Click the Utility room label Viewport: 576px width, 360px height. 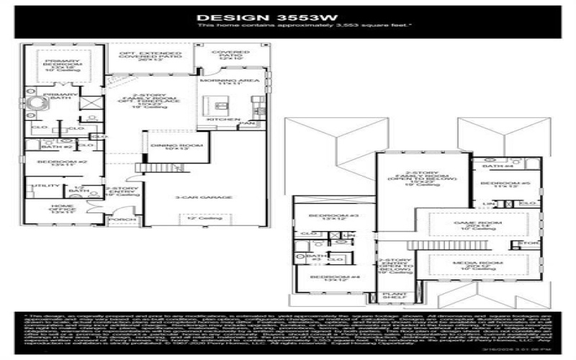click(35, 186)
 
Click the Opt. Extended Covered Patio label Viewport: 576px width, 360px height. click(150, 55)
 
